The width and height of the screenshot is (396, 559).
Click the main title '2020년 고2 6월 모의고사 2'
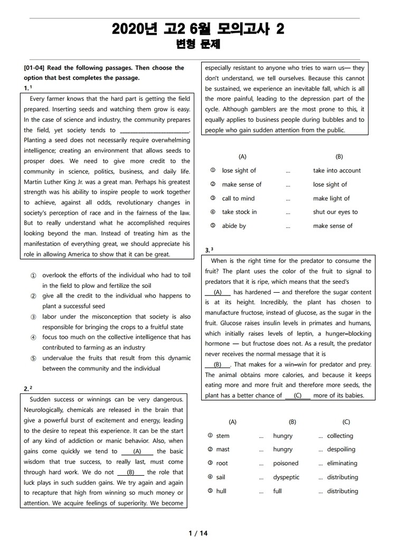pyautogui.click(x=198, y=30)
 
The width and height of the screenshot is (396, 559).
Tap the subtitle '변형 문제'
pyautogui.click(x=197, y=45)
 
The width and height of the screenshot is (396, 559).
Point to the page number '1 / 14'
pyautogui.click(x=198, y=533)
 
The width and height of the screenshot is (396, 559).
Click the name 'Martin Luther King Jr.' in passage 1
pyautogui.click(x=53, y=182)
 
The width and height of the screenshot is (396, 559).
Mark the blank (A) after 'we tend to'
pyautogui.click(x=137, y=451)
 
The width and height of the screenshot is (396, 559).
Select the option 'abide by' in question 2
pyautogui.click(x=234, y=226)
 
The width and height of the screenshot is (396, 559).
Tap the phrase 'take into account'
pyautogui.click(x=337, y=171)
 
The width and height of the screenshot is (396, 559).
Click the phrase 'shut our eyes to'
pyautogui.click(x=335, y=212)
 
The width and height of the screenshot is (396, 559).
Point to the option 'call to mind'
pyautogui.click(x=238, y=198)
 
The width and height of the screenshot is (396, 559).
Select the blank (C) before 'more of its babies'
pyautogui.click(x=297, y=396)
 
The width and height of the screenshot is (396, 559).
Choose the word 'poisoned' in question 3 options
pyautogui.click(x=286, y=464)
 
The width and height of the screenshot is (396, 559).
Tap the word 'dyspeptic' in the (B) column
pyautogui.click(x=286, y=477)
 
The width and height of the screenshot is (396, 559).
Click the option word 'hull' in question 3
pyautogui.click(x=221, y=491)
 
